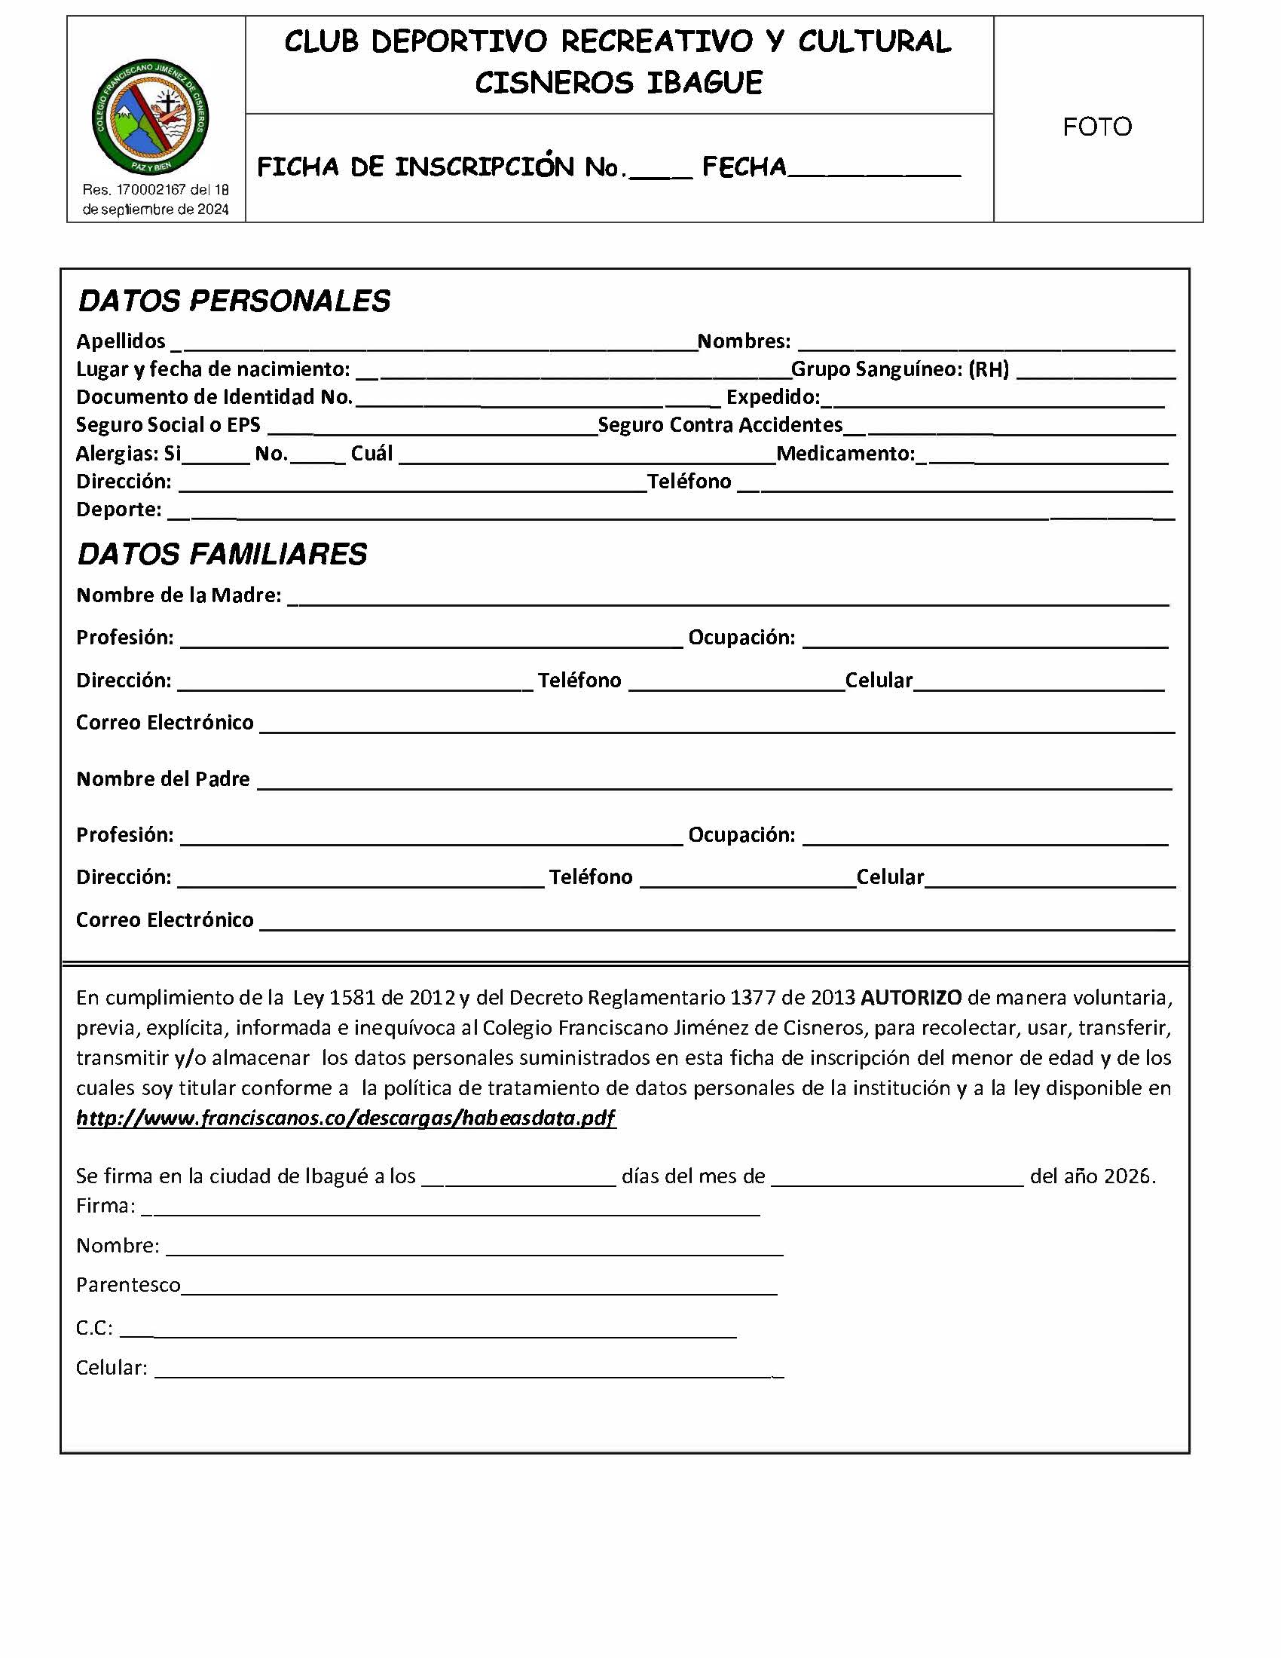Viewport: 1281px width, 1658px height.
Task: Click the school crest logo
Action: coord(150,117)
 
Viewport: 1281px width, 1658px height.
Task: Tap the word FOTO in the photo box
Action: coord(1096,127)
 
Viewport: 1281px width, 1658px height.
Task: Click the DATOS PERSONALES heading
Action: coord(234,301)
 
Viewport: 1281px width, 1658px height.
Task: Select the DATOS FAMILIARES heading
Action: coord(222,555)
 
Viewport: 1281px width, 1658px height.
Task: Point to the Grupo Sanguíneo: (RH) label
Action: coord(899,370)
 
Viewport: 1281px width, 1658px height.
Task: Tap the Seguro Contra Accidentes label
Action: coord(720,425)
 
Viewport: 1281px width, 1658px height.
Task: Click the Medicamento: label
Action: coord(845,454)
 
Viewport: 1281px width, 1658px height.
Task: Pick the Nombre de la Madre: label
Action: coord(179,595)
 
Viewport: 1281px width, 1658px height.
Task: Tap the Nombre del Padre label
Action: coord(164,779)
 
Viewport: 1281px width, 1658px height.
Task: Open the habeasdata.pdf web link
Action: coord(346,1118)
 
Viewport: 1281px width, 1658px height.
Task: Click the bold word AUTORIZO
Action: coord(911,998)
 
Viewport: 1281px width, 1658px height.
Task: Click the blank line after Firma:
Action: coord(451,1209)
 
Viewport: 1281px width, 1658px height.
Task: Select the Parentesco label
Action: coord(128,1284)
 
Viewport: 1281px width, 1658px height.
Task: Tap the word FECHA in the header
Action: coord(744,167)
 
